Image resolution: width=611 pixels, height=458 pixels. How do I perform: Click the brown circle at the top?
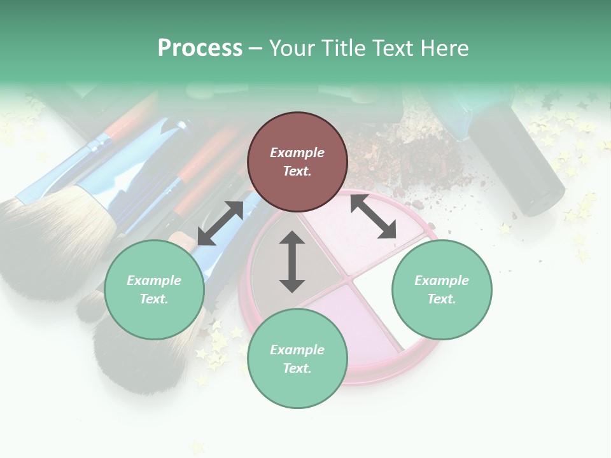pyautogui.click(x=297, y=162)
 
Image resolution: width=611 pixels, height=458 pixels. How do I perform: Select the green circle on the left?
pyautogui.click(x=154, y=290)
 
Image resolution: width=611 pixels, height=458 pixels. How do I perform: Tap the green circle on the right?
pyautogui.click(x=442, y=290)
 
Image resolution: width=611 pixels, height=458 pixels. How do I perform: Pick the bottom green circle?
pyautogui.click(x=297, y=359)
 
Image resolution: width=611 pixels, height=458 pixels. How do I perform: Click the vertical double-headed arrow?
pyautogui.click(x=292, y=261)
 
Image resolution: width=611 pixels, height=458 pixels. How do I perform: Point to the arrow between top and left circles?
pyautogui.click(x=220, y=223)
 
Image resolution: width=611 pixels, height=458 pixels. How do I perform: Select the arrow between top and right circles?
pyautogui.click(x=373, y=216)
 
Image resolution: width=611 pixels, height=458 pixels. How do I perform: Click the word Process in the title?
pyautogui.click(x=200, y=48)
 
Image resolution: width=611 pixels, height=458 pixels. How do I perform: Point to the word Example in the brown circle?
pyautogui.click(x=297, y=153)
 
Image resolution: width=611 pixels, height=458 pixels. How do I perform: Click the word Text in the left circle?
pyautogui.click(x=153, y=299)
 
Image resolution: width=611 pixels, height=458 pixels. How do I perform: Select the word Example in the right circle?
pyautogui.click(x=442, y=281)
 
